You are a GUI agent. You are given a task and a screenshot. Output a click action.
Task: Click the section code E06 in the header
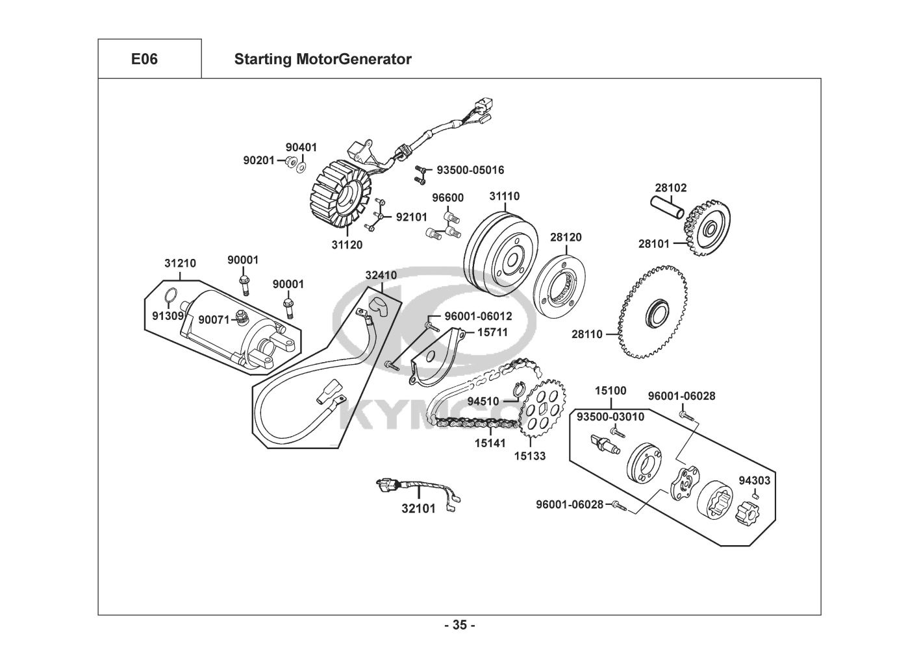[x=144, y=60]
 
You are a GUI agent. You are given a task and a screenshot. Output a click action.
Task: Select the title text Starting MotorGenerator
[x=322, y=60]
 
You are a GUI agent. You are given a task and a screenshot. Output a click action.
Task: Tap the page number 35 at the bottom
[x=460, y=626]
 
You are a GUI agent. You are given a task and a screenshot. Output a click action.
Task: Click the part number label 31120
[x=347, y=245]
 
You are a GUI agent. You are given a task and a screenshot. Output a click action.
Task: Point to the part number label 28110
[x=587, y=335]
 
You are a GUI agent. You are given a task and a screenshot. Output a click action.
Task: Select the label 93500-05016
[x=470, y=170]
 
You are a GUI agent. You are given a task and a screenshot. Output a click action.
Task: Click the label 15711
[x=492, y=332]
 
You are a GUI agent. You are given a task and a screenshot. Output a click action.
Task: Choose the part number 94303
[x=755, y=481]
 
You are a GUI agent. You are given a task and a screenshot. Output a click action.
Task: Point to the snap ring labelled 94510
[x=518, y=390]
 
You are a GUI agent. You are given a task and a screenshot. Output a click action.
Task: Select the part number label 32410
[x=381, y=275]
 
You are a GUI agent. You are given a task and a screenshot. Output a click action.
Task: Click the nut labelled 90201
[x=290, y=161]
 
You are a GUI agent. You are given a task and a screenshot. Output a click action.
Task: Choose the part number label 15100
[x=611, y=391]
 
